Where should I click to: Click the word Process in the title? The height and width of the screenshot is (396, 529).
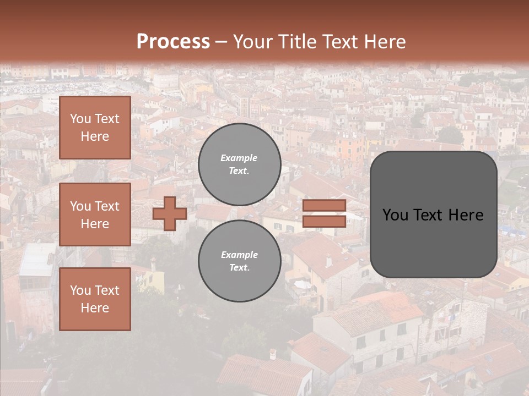pyautogui.click(x=173, y=42)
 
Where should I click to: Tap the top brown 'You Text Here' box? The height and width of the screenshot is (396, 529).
pyautogui.click(x=95, y=128)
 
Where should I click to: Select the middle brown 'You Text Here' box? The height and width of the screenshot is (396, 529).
pyautogui.click(x=95, y=215)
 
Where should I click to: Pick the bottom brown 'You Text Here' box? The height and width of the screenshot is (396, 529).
pyautogui.click(x=95, y=299)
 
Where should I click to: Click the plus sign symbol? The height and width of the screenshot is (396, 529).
pyautogui.click(x=170, y=213)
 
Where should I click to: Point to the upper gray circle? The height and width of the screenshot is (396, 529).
pyautogui.click(x=240, y=164)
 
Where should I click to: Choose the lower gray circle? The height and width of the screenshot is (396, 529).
pyautogui.click(x=240, y=261)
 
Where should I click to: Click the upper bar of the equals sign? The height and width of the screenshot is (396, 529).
pyautogui.click(x=324, y=206)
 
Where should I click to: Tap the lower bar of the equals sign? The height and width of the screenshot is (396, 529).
pyautogui.click(x=324, y=221)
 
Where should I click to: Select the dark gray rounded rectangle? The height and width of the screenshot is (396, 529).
pyautogui.click(x=434, y=215)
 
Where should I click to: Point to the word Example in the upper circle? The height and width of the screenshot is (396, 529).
pyautogui.click(x=239, y=158)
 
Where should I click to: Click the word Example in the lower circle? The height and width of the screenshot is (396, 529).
pyautogui.click(x=239, y=255)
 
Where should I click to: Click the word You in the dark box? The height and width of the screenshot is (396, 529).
pyautogui.click(x=395, y=215)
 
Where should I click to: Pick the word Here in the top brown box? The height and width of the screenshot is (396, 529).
pyautogui.click(x=95, y=136)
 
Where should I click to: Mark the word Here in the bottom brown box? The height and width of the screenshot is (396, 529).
pyautogui.click(x=95, y=308)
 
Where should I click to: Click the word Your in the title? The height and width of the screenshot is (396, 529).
pyautogui.click(x=252, y=42)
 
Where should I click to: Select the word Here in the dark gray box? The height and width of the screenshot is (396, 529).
pyautogui.click(x=466, y=215)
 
